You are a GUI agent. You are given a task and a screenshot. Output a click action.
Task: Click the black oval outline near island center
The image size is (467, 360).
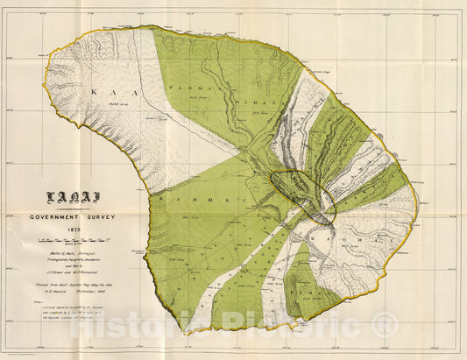pyautogui.click(x=302, y=195)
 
